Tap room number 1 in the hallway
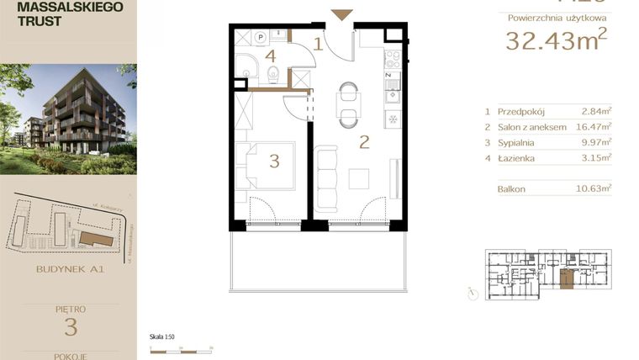point(319,44)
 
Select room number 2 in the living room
point(364,141)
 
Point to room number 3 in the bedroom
point(274,161)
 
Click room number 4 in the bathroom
point(270,56)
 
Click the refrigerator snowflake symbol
point(393,119)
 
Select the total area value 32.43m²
point(556,40)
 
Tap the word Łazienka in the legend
point(517,157)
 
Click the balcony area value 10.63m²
point(594,189)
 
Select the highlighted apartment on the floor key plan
point(568,279)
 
